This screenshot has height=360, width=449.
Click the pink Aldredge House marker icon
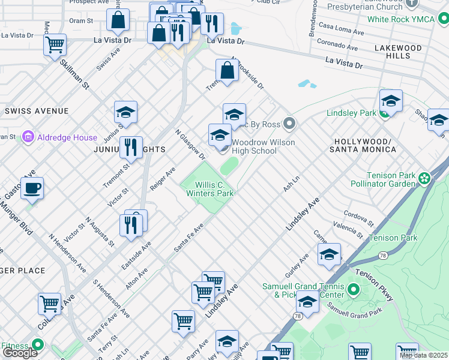pos(27,137)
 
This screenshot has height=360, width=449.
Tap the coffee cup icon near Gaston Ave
pos(32,188)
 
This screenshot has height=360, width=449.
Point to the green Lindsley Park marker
pos(384,113)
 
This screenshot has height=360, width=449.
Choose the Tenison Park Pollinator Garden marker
pos(425,178)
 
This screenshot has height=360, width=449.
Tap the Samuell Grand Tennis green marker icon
pos(354,290)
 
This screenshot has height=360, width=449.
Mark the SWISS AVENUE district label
pos(36,112)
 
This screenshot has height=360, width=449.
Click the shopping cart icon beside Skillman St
pos(55,44)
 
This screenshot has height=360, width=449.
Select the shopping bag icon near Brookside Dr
pos(228,71)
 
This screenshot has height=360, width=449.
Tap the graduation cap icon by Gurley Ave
pos(329,254)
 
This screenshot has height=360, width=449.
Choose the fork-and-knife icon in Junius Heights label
pos(130,147)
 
